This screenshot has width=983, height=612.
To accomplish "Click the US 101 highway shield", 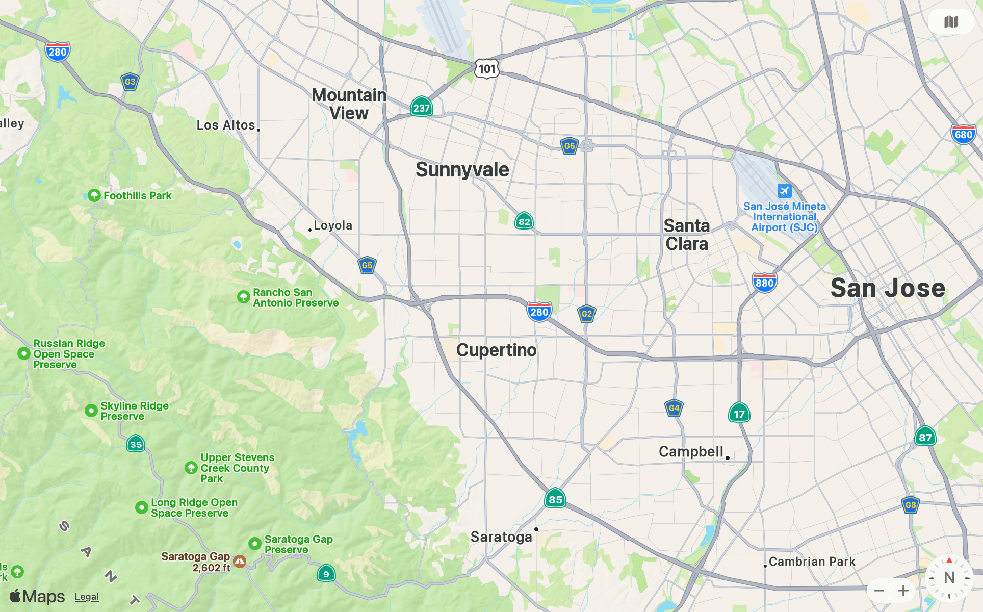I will (487, 69).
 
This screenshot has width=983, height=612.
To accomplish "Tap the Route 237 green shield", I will (421, 108).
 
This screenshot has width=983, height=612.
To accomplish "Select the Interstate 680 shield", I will (963, 135).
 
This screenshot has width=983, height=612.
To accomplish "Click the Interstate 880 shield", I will (764, 283).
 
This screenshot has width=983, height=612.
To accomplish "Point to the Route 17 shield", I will (739, 414).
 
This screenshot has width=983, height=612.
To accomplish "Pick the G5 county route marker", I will (367, 265).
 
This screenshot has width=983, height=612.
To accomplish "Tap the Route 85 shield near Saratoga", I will (555, 499).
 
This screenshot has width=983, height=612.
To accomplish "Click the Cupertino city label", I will (496, 350).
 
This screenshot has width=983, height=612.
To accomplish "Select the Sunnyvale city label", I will (462, 170).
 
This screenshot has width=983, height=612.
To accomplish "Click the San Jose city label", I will (888, 288).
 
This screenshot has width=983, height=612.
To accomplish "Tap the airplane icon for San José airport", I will (784, 191).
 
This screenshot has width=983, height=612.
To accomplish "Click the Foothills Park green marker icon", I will (94, 195).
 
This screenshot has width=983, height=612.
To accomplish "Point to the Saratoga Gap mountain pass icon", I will (240, 562).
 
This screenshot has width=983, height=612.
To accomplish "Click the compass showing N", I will (949, 578).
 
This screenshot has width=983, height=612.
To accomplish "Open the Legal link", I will (87, 597).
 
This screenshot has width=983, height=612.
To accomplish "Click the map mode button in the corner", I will (951, 22).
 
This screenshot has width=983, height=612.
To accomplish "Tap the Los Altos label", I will (226, 125).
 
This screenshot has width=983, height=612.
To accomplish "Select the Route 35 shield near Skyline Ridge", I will (136, 444).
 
